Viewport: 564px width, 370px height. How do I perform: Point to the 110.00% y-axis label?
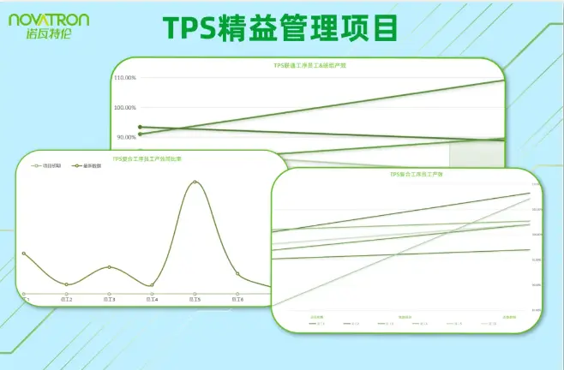[125, 78]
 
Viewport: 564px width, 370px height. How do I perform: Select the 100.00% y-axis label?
[125, 108]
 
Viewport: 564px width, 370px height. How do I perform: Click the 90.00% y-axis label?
[126, 137]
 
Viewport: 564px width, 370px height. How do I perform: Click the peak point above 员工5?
[195, 182]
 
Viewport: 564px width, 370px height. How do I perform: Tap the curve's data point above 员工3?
[109, 267]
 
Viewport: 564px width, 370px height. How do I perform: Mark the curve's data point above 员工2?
[66, 284]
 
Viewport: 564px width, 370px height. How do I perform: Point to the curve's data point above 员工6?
[237, 274]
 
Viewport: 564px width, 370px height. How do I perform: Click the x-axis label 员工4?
[152, 300]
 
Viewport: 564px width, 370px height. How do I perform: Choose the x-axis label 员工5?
[195, 300]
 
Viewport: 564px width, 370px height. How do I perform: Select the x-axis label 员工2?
[66, 300]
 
